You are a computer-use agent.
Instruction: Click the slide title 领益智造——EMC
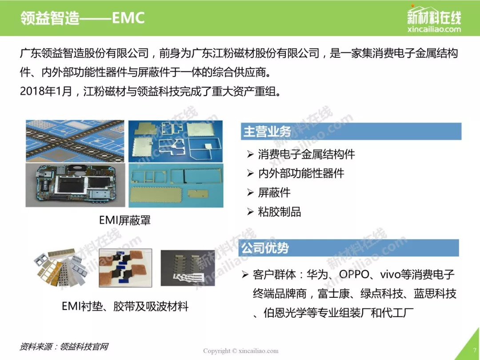click(x=82, y=18)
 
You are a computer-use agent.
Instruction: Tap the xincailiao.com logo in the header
click(x=434, y=19)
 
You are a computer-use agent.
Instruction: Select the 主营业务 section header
click(x=267, y=132)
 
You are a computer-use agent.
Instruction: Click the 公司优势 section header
click(x=265, y=248)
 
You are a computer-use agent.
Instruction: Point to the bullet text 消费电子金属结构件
click(x=306, y=154)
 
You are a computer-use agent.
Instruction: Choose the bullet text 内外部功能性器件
click(x=301, y=173)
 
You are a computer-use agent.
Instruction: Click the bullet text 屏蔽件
click(x=274, y=192)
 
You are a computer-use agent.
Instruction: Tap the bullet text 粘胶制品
click(x=280, y=212)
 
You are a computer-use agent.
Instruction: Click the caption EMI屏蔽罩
click(x=125, y=220)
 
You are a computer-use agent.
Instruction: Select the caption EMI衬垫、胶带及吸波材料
click(x=125, y=306)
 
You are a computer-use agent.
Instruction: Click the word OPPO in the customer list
click(x=354, y=274)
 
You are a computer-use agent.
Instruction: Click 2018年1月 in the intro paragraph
click(x=46, y=91)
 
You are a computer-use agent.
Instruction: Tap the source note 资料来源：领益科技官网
click(x=64, y=347)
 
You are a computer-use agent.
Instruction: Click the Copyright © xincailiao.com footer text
click(x=240, y=351)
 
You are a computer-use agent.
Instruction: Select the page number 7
click(x=475, y=350)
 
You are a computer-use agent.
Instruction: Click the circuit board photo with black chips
click(x=75, y=185)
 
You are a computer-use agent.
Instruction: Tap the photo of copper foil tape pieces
click(x=125, y=268)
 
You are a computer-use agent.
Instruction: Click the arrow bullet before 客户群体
click(x=244, y=274)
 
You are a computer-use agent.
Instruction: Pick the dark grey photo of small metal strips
click(x=188, y=268)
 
